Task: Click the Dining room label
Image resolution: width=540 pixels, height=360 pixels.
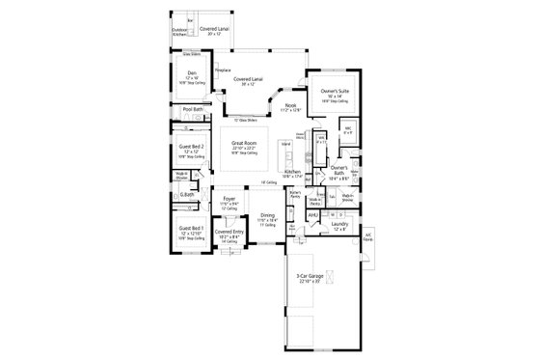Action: [266, 215]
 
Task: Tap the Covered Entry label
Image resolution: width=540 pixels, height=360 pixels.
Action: [229, 233]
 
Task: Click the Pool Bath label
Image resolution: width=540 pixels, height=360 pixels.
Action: [192, 110]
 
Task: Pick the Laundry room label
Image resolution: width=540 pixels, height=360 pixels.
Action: [337, 224]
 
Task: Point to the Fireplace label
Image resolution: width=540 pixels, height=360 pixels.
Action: [218, 71]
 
